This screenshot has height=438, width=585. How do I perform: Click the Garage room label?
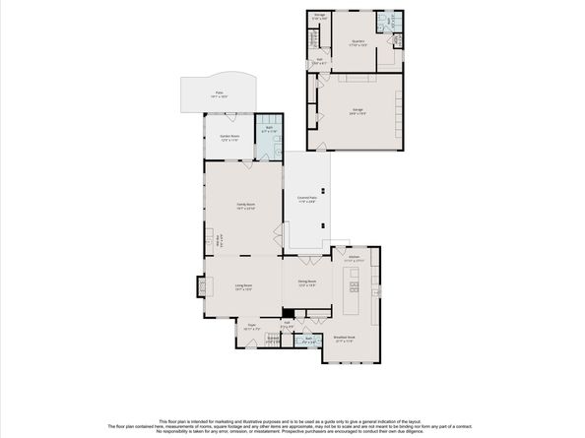357,111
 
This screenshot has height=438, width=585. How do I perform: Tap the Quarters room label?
358,43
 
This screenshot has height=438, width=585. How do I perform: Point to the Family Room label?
244,206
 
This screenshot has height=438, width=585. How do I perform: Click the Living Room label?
243,286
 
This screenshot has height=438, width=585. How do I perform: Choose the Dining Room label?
306,282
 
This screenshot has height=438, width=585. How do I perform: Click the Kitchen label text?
352,258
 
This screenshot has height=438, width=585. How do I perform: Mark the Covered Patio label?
306,199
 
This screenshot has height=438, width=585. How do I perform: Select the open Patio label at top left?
218,94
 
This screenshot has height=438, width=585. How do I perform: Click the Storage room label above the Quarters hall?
320,17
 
